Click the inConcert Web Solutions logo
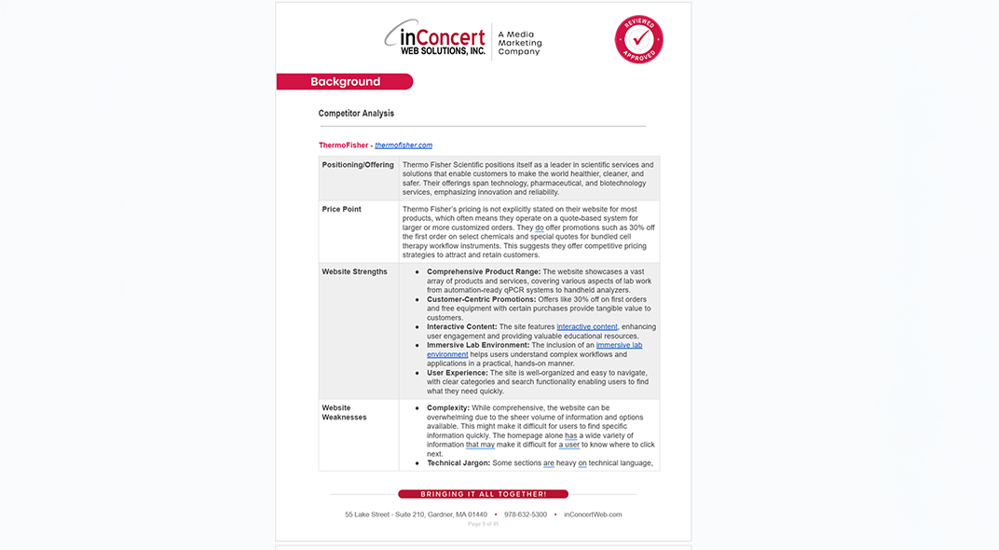[x=435, y=40]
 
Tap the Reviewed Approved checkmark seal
[x=638, y=39]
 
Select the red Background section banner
[x=345, y=82]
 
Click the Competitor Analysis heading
[x=356, y=114]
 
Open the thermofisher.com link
[x=404, y=145]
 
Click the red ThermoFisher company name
[x=343, y=145]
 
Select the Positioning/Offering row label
[x=358, y=165]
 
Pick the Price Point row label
[x=342, y=209]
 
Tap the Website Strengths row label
[x=355, y=272]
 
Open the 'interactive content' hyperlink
[x=587, y=327]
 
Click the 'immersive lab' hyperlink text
[x=619, y=345]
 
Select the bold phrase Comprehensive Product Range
[x=484, y=272]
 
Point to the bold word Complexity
[x=448, y=408]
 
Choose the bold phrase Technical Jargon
[x=458, y=463]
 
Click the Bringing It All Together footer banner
[x=483, y=494]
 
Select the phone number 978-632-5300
[x=526, y=515]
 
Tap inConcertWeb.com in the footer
[x=593, y=515]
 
